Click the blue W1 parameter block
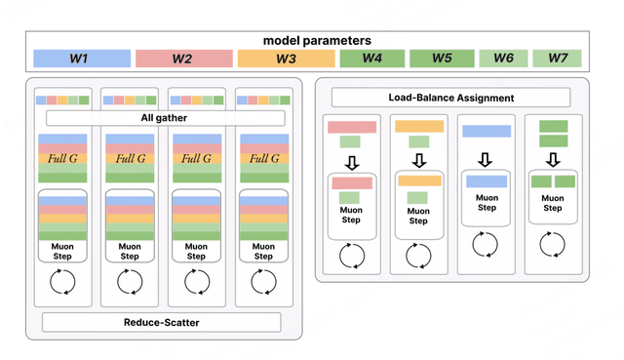tap(82, 59)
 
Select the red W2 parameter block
tap(184, 59)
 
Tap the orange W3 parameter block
tap(286, 59)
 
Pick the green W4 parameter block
tap(372, 59)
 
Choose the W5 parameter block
tap(442, 59)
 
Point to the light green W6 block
tap(503, 59)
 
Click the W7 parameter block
tap(557, 59)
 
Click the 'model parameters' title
tap(317, 41)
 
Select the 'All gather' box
tap(166, 118)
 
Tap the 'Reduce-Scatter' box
tap(162, 322)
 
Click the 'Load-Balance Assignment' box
tap(450, 98)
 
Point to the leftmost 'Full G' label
tap(62, 158)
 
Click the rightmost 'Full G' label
tap(264, 158)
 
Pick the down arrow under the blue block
tap(485, 160)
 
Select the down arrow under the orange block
tap(419, 160)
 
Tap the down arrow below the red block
tap(352, 163)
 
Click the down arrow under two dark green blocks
tap(553, 160)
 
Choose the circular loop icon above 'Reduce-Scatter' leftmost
tap(62, 282)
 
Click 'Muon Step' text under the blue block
tap(487, 203)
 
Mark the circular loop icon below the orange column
tap(418, 256)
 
